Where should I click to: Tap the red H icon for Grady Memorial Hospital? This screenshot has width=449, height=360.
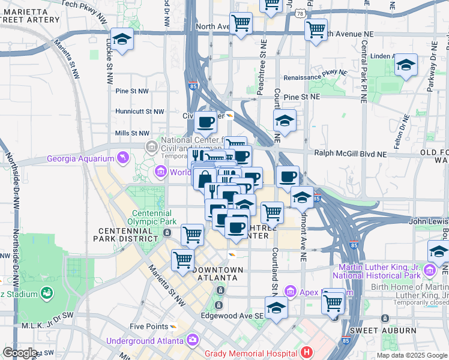(x=307, y=352)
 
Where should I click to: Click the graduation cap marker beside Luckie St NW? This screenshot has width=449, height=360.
(x=122, y=40)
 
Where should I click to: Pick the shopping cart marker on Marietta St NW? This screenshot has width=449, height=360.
(x=182, y=260)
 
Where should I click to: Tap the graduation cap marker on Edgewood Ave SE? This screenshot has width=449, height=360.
(x=276, y=308)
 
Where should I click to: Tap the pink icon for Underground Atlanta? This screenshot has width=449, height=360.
(x=193, y=340)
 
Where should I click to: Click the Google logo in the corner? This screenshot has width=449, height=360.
(x=20, y=353)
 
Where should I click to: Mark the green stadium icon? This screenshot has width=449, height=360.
(x=46, y=293)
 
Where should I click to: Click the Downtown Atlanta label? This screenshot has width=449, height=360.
(x=218, y=274)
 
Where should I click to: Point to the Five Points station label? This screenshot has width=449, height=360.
(x=149, y=326)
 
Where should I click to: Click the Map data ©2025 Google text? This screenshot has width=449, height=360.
(x=412, y=355)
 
